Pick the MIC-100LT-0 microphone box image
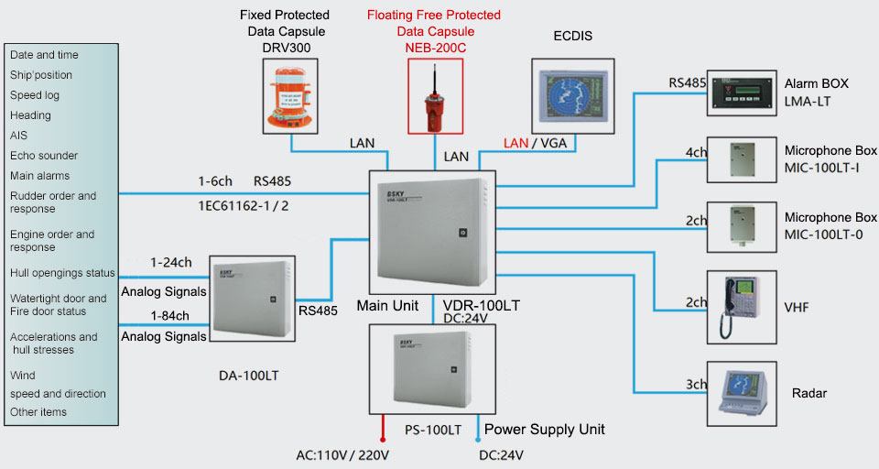coord(743,225)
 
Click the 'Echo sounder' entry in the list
coord(44,156)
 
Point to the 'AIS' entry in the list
coord(18,136)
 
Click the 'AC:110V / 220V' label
coord(341,454)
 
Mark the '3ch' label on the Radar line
coord(696,385)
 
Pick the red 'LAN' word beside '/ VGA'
coord(516,143)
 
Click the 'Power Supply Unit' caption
coord(545,429)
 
